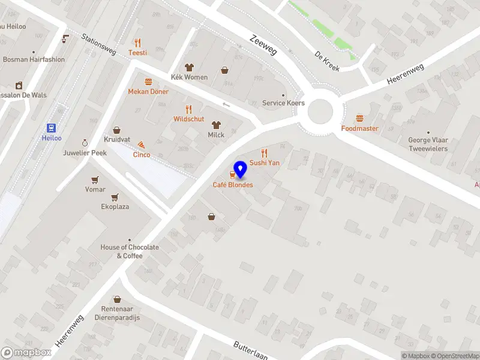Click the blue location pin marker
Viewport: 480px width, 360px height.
pyautogui.click(x=240, y=170)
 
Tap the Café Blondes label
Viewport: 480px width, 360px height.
pyautogui.click(x=233, y=185)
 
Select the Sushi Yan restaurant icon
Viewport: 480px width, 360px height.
pyautogui.click(x=264, y=153)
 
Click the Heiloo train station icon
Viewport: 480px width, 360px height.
pyautogui.click(x=52, y=128)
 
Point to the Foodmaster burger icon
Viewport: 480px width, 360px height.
pyautogui.click(x=360, y=118)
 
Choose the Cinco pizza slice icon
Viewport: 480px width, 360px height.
pyautogui.click(x=142, y=145)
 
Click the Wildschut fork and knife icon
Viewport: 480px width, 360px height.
pyautogui.click(x=189, y=109)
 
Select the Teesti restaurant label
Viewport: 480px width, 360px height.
pyautogui.click(x=137, y=53)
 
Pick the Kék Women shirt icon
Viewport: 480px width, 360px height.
pyautogui.click(x=189, y=68)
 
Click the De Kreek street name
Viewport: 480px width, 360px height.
pyautogui.click(x=327, y=61)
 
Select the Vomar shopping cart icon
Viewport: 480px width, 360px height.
pyautogui.click(x=95, y=179)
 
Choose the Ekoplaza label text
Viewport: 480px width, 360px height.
pyautogui.click(x=115, y=206)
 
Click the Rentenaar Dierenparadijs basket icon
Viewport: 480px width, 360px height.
pyautogui.click(x=117, y=299)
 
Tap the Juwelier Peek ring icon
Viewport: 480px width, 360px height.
pyautogui.click(x=85, y=142)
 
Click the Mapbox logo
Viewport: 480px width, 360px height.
pyautogui.click(x=26, y=353)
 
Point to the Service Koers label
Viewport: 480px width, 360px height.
pyautogui.click(x=283, y=103)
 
